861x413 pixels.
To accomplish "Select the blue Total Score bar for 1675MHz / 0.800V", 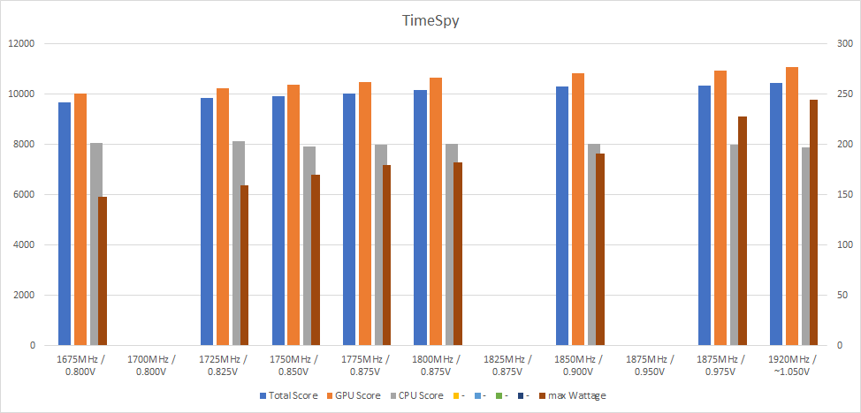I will pos(65,224).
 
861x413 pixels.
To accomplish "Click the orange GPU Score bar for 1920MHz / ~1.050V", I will pos(791,206).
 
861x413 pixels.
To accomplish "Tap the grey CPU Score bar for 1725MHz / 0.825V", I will pos(239,244).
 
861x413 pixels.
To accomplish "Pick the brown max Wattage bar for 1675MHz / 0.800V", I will pos(103,271).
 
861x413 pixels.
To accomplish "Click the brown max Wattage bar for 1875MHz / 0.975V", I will pos(743,231).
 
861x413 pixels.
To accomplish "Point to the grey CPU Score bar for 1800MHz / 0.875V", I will pos(452,244).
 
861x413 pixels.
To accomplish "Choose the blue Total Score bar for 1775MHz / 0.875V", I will pos(349,220).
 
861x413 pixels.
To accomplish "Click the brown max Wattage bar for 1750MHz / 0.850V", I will pos(316,260).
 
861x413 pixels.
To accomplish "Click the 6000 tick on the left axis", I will pos(24,194).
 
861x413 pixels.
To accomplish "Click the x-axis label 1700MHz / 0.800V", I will pos(152,364).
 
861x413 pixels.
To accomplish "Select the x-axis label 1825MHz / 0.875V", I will pos(507,364).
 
